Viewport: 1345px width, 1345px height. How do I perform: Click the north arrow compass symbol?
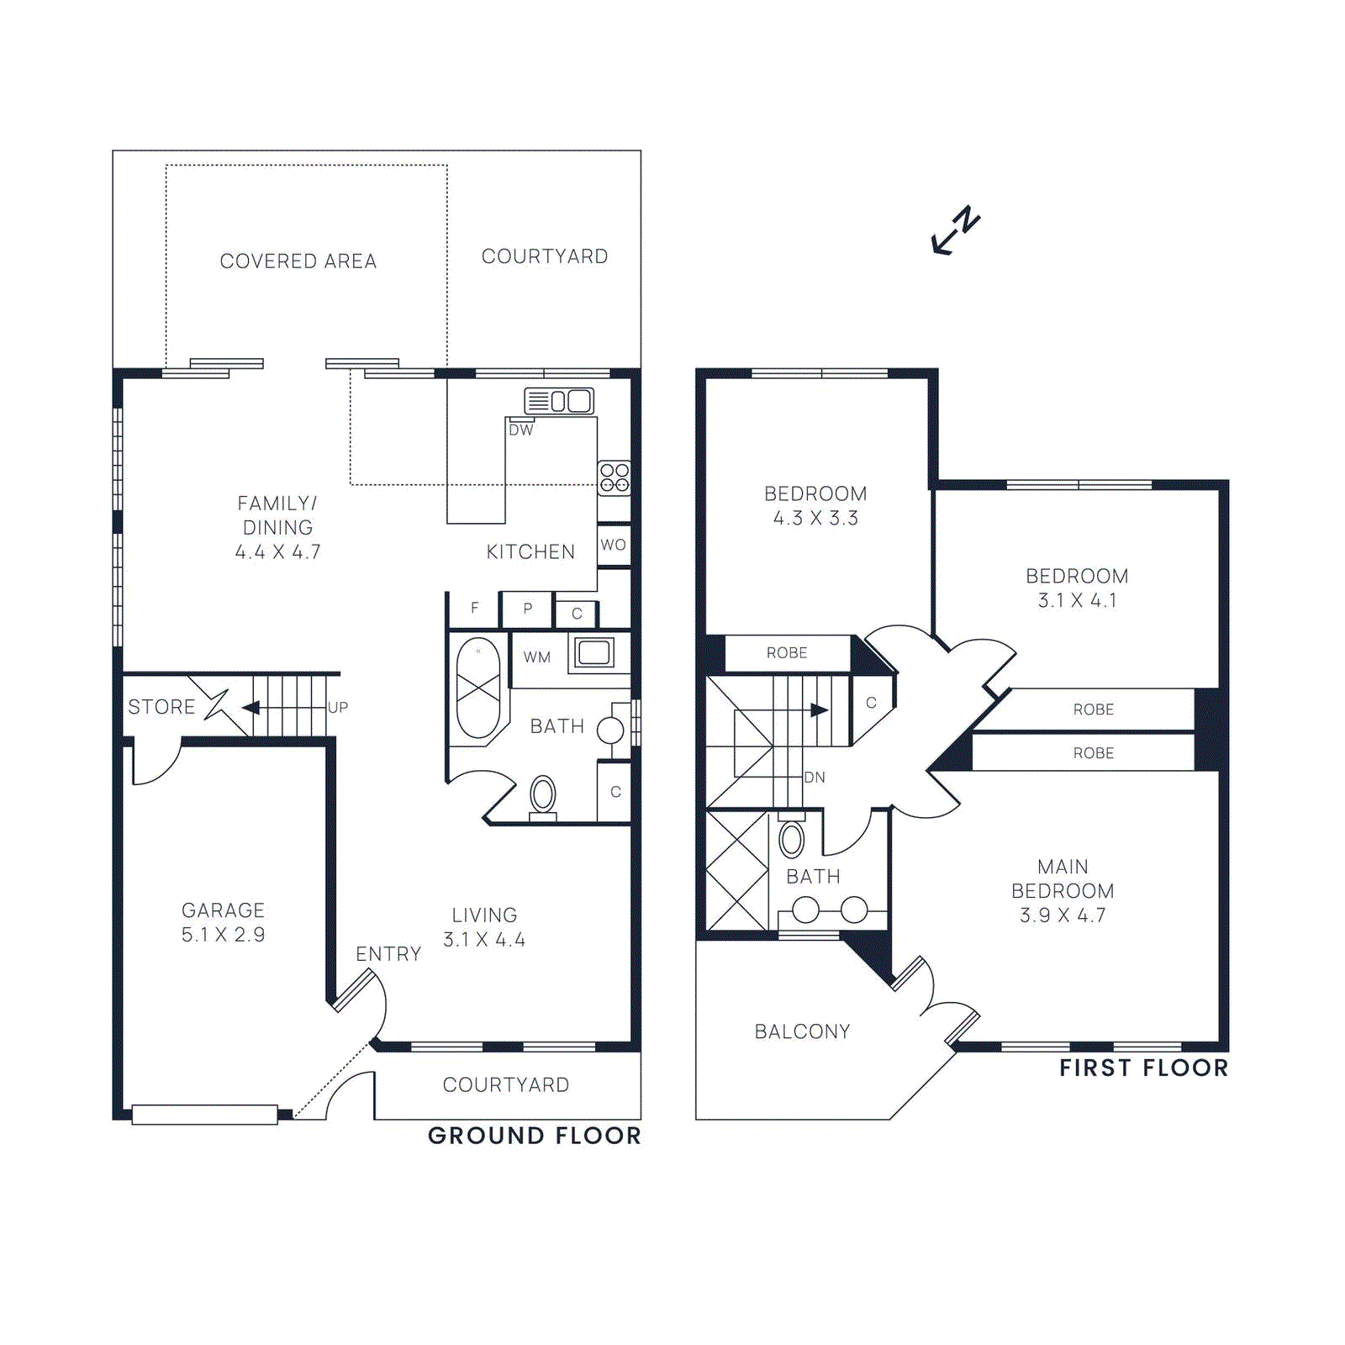point(956,229)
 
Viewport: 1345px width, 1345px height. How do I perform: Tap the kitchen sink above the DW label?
point(559,400)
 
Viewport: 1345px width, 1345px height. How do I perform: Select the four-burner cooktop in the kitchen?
point(614,477)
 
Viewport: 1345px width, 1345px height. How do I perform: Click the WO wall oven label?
point(613,545)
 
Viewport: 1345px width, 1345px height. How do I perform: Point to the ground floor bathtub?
point(478,688)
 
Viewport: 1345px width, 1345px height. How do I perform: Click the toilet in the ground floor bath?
point(543,794)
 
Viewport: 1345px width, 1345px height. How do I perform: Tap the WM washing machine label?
point(536,657)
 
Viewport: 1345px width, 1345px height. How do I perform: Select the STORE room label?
point(161,707)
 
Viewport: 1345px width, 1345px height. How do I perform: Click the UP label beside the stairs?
point(338,707)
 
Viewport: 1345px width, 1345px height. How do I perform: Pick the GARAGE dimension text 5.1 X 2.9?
point(223,935)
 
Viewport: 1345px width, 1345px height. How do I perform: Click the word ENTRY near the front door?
point(388,954)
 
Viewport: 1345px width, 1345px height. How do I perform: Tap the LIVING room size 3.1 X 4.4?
point(484,940)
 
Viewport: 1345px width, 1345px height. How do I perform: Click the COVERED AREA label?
point(298,261)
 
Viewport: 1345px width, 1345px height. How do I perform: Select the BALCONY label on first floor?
point(802,1031)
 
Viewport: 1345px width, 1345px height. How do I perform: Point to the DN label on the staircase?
point(815,778)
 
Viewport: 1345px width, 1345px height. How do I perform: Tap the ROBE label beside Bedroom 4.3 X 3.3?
point(786,653)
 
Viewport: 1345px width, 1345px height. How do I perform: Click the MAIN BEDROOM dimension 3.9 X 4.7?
point(1063,915)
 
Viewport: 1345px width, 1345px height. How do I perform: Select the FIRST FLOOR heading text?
point(1143,1068)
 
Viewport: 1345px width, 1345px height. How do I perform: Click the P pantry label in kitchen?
point(527,609)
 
